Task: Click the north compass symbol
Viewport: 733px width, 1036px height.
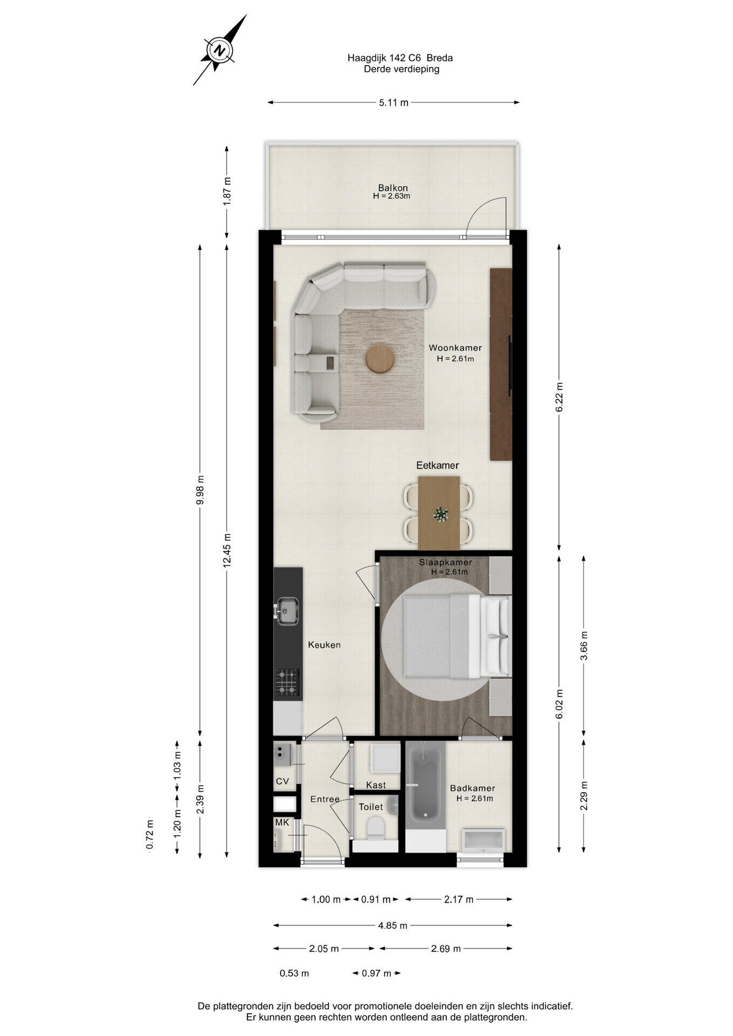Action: coord(220,50)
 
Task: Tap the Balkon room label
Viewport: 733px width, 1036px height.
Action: coord(392,188)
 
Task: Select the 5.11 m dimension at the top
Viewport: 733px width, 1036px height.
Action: coord(393,103)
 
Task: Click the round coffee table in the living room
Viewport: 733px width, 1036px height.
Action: coord(380,359)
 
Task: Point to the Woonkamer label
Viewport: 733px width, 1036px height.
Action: coord(455,348)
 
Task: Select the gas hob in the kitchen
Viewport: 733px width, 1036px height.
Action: coord(288,682)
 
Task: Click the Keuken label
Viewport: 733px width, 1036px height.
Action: coord(324,645)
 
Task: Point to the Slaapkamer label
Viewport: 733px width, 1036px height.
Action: coord(445,562)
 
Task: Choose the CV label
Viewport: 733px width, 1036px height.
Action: coord(282,781)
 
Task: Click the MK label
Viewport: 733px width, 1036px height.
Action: coord(282,822)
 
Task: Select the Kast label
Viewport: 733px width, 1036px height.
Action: coord(376,785)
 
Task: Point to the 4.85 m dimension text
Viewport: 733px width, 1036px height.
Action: coord(392,925)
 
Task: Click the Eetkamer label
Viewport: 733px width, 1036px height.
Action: coord(437,465)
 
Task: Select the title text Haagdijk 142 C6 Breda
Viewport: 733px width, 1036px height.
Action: coord(400,58)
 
